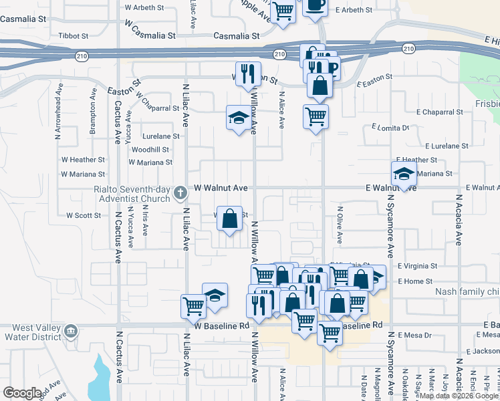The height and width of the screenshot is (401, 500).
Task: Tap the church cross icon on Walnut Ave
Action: click(179, 193)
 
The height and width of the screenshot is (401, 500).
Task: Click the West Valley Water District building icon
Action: click(70, 330)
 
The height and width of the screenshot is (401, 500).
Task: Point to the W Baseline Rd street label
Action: click(222, 325)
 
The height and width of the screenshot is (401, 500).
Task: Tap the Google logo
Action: click(22, 393)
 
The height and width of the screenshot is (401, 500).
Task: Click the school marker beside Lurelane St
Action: click(237, 118)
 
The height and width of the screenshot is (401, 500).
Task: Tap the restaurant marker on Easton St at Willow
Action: click(249, 74)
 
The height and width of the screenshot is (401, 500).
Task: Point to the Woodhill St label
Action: click(150, 150)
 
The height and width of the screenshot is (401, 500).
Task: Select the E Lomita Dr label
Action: click(390, 127)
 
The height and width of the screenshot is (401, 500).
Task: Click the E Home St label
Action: click(415, 281)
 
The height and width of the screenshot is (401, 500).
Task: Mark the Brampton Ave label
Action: click(93, 118)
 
